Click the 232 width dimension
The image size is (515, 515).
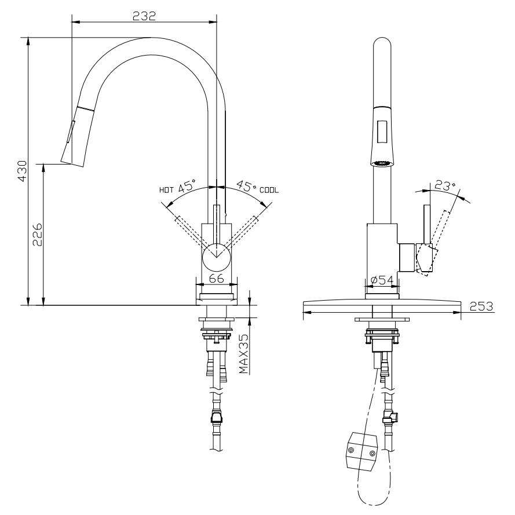[x=144, y=16]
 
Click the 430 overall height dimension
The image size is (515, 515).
[x=22, y=171]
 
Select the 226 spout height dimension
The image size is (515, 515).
[x=36, y=234]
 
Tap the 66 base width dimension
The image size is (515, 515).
[x=216, y=278]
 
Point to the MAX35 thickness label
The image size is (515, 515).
[x=244, y=353]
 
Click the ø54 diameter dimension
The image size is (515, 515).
[x=382, y=280]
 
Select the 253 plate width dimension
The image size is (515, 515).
[x=481, y=306]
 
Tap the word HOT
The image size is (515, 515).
[x=166, y=189]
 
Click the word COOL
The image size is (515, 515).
[x=269, y=189]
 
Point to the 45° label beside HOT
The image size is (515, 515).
[x=187, y=187]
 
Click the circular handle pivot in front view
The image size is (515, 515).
[x=217, y=254]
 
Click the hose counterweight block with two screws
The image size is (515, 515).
[x=361, y=449]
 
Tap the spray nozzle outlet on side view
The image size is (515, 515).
[x=381, y=163]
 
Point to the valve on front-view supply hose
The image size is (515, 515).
[x=217, y=416]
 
